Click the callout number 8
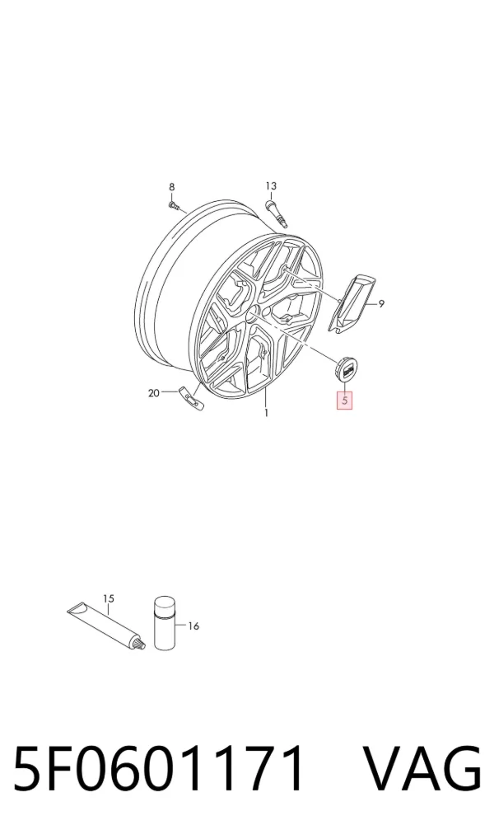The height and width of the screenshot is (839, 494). coord(171,187)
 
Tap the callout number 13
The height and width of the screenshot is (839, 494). coord(271,186)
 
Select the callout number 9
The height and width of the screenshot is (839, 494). coord(381,304)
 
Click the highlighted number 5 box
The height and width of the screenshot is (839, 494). coord(344,400)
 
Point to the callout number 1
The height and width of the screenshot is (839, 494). coord(266,413)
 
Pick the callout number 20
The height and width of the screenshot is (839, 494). coord(154,393)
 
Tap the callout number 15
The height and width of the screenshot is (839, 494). coord(109,598)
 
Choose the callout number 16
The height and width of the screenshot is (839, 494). coord(193,626)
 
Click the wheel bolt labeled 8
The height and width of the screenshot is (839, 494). coord(174,205)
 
